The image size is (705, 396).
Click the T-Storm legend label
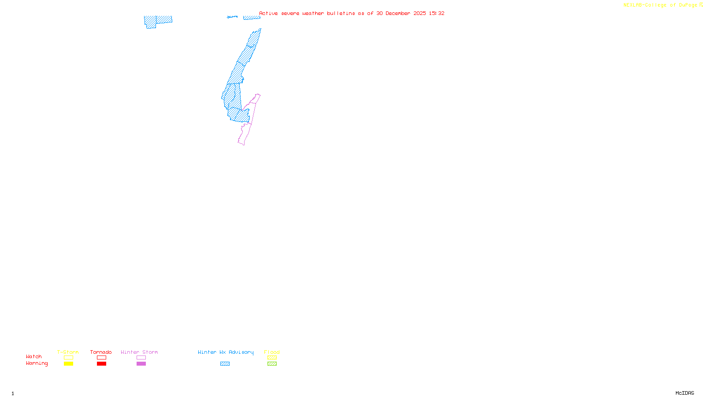[x=68, y=352]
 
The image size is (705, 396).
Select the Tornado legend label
[x=101, y=352]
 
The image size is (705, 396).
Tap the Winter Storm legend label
[x=139, y=352]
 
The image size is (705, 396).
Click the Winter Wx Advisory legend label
[x=226, y=352]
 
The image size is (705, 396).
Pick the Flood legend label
[x=272, y=352]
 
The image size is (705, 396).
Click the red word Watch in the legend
[x=34, y=356]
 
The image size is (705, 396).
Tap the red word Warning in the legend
[x=37, y=363]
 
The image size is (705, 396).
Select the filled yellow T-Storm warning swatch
[x=68, y=364]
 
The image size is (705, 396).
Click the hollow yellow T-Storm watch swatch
[x=68, y=358]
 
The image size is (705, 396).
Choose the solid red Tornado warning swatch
[x=101, y=364]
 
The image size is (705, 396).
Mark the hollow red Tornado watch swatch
[x=101, y=358]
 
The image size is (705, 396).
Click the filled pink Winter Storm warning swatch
[x=141, y=364]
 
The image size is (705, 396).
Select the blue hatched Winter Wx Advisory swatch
[x=225, y=364]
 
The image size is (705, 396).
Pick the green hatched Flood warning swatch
[x=272, y=364]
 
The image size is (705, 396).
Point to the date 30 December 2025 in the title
[x=401, y=13]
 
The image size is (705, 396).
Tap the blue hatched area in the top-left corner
[x=158, y=20]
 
